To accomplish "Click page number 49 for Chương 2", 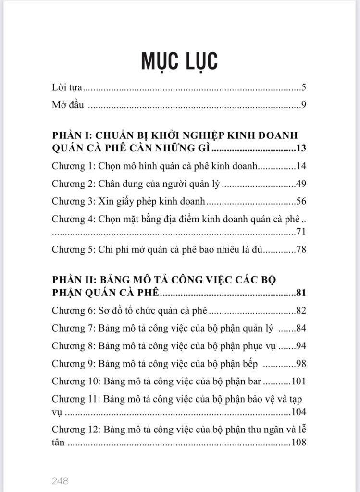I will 302,184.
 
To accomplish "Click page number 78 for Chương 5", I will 302,250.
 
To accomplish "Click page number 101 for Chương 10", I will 299,382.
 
